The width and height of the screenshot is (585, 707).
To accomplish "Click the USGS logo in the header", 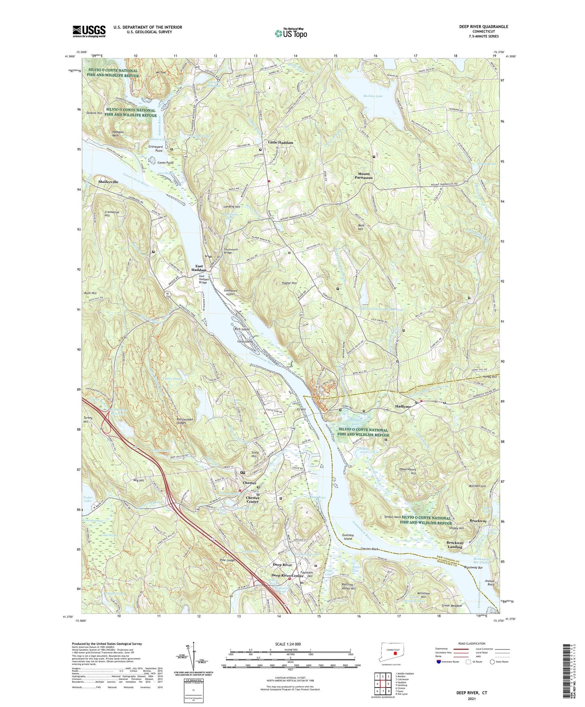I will [89, 31].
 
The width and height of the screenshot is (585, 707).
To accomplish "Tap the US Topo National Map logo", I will [290, 33].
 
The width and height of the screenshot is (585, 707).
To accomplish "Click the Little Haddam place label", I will [280, 143].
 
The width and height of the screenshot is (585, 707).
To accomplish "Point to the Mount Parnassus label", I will [364, 176].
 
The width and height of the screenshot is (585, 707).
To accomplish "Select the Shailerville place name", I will [108, 182].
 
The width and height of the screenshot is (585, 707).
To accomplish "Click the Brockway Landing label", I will [455, 545].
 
